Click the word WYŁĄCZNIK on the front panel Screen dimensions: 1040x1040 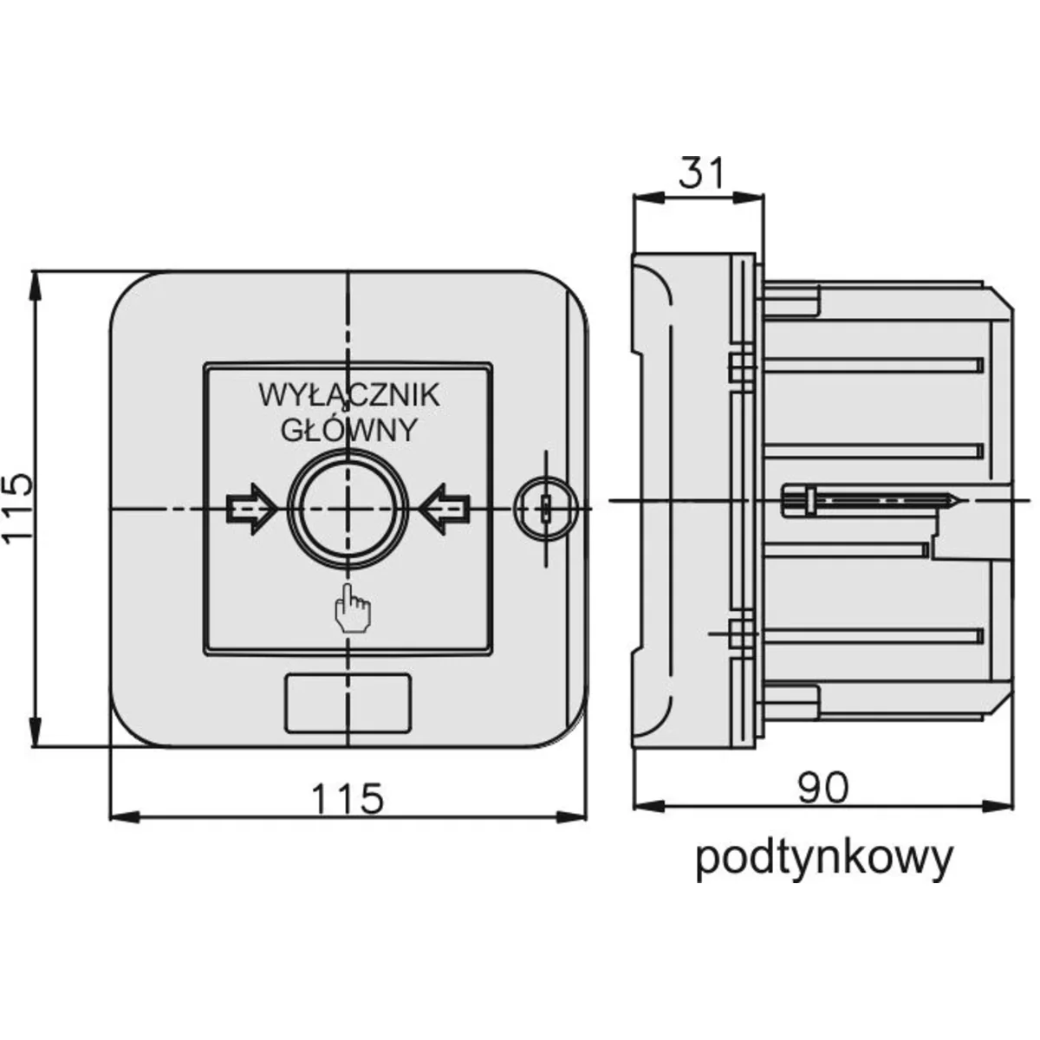point(348,395)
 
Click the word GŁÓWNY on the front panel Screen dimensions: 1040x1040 point(348,430)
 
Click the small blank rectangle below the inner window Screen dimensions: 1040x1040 point(347,702)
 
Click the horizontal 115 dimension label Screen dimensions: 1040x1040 point(347,797)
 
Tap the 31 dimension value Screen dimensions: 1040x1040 point(699,173)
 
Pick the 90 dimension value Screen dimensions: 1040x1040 point(823,787)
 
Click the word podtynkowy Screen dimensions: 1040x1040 point(823,858)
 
